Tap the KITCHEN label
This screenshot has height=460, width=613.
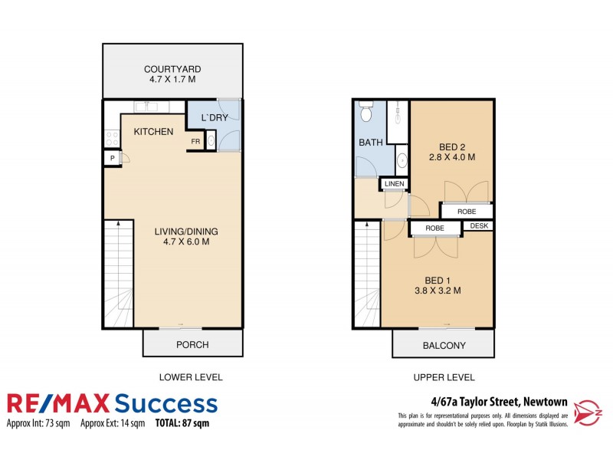click(154, 132)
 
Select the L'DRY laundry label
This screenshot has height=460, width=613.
click(215, 118)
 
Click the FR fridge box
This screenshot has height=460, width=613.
click(195, 142)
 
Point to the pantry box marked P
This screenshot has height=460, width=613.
click(113, 158)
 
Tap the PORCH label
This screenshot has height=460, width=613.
click(192, 344)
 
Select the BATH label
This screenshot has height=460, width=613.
click(370, 143)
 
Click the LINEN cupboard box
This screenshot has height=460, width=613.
click(394, 184)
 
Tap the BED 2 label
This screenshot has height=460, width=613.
click(453, 147)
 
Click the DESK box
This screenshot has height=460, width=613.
click(479, 226)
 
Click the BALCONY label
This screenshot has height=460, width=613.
click(444, 346)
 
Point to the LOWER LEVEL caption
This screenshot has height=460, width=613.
click(190, 377)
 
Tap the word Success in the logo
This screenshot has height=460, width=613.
click(166, 403)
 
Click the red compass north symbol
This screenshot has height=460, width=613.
click(588, 407)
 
